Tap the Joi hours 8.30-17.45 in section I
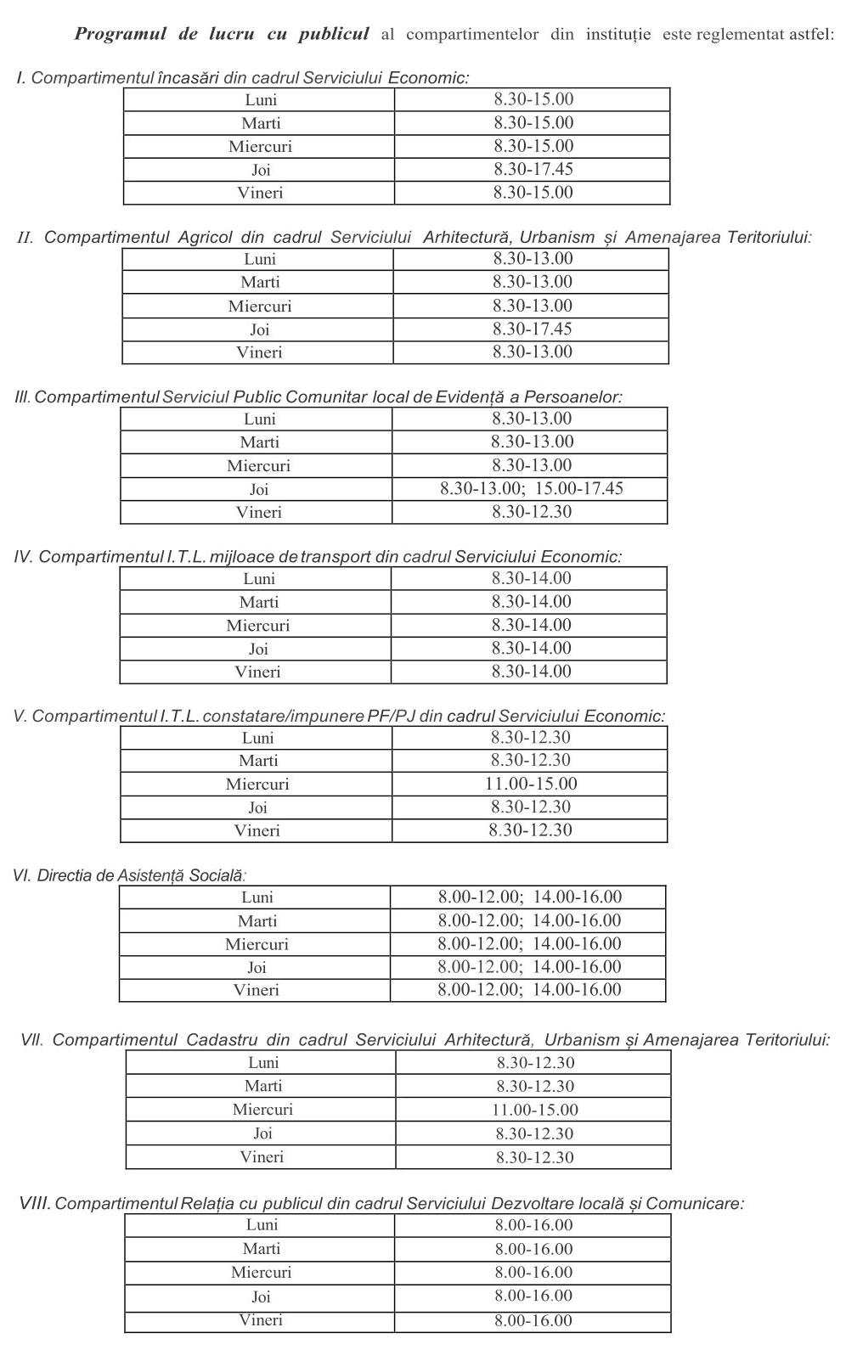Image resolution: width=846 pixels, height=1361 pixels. point(533,169)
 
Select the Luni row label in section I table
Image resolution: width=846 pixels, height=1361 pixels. point(261,100)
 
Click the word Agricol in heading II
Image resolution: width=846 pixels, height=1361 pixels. point(205,238)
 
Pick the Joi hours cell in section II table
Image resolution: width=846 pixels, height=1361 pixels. point(533,329)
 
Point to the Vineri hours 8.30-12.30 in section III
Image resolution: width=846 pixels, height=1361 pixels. point(532,512)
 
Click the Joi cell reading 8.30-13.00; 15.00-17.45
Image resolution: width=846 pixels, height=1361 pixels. point(532,488)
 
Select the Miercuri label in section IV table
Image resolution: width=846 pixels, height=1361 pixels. point(258,626)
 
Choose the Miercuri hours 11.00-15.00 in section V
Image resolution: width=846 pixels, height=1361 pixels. point(531,784)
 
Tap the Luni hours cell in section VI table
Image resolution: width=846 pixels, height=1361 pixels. point(530,897)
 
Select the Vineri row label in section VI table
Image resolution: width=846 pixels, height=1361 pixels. point(257,990)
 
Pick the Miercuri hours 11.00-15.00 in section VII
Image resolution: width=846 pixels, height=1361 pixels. point(535,1110)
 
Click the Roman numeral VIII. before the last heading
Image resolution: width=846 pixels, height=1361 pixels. point(35,1204)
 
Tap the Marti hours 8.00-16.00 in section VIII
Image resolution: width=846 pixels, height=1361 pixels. point(534,1249)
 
